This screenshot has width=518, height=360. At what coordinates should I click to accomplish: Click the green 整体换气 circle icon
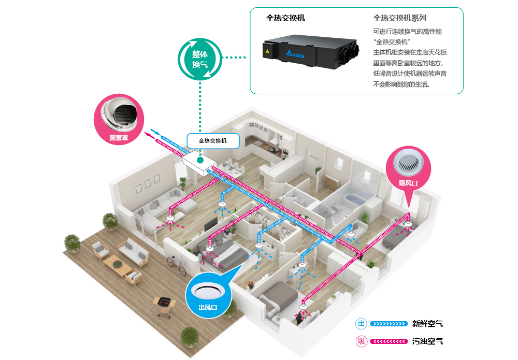click(x=200, y=60)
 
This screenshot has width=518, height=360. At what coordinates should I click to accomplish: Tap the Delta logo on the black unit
click(x=295, y=54)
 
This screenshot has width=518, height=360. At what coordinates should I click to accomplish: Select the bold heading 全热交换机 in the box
click(x=285, y=18)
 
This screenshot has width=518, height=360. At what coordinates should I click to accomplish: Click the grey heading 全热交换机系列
click(x=400, y=18)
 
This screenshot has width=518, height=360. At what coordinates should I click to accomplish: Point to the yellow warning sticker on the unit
click(x=268, y=51)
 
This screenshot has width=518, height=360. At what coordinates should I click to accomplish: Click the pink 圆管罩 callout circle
click(x=119, y=119)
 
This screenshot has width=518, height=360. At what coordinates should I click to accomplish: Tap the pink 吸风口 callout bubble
click(x=408, y=172)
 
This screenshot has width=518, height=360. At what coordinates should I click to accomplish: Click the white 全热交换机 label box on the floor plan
click(x=213, y=141)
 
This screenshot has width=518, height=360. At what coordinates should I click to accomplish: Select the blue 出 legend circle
click(x=362, y=323)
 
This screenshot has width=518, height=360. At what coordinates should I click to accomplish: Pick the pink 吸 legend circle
click(x=362, y=341)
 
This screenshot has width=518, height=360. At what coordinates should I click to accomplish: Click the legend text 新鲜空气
click(x=427, y=324)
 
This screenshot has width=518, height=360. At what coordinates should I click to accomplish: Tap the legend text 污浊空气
click(x=427, y=341)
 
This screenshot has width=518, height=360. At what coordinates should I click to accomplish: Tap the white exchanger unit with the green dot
click(x=199, y=164)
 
